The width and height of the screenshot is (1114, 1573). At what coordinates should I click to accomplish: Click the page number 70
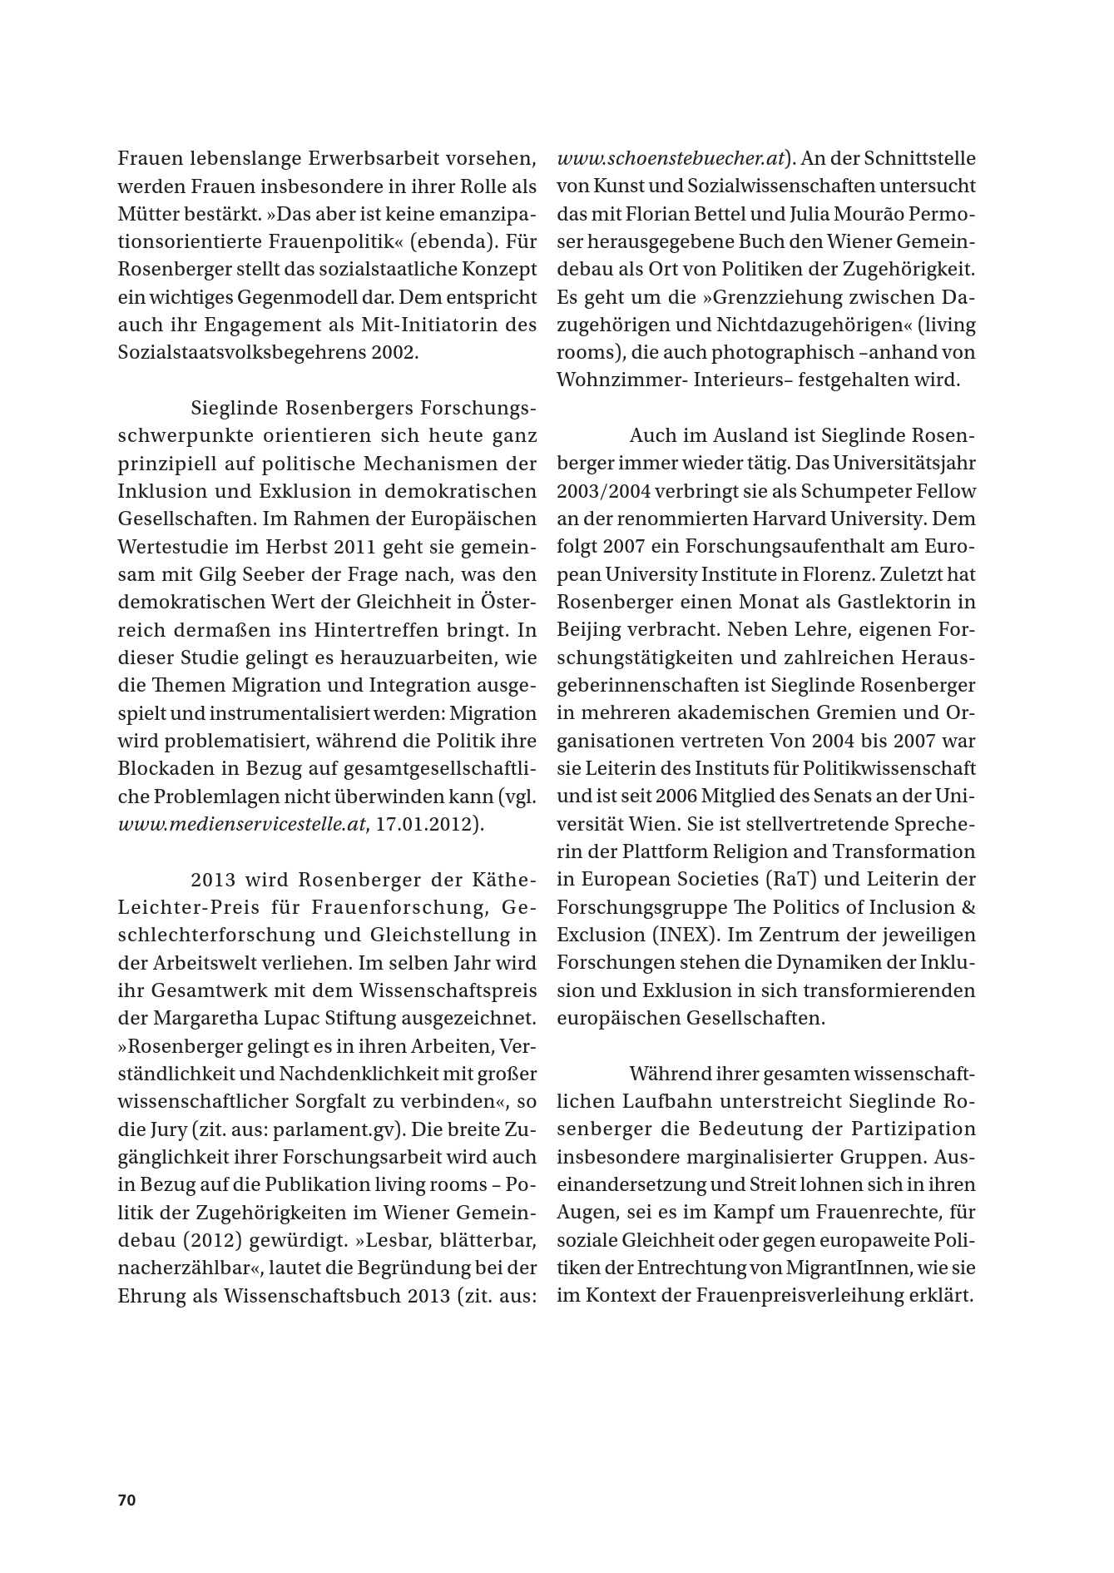[x=126, y=1501]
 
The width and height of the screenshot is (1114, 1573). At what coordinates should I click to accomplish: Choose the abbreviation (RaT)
[x=787, y=880]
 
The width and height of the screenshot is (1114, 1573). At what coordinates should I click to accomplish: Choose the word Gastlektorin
[x=882, y=602]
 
